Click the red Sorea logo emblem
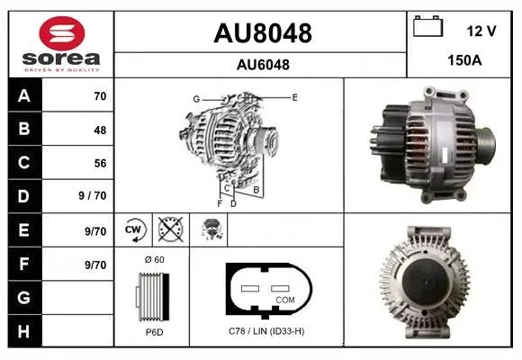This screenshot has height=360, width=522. coord(62,33)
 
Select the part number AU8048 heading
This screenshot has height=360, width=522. coord(263,33)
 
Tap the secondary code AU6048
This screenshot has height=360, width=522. coord(263,65)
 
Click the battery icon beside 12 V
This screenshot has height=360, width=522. coord(427,26)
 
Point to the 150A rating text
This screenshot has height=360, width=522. coord(464,60)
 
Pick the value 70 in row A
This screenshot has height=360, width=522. coord(100,96)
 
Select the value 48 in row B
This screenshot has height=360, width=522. coord(100,130)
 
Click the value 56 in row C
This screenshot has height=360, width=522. coord(100,163)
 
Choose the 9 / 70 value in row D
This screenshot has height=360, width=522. coord(92,195)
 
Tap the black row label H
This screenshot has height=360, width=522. coord(25,331)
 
